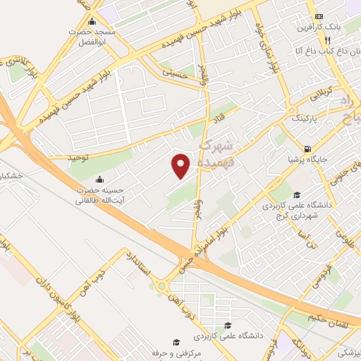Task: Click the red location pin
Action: coord(181,165)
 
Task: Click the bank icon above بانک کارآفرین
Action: coord(319,16)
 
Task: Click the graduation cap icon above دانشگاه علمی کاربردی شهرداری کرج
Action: coord(297,195)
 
